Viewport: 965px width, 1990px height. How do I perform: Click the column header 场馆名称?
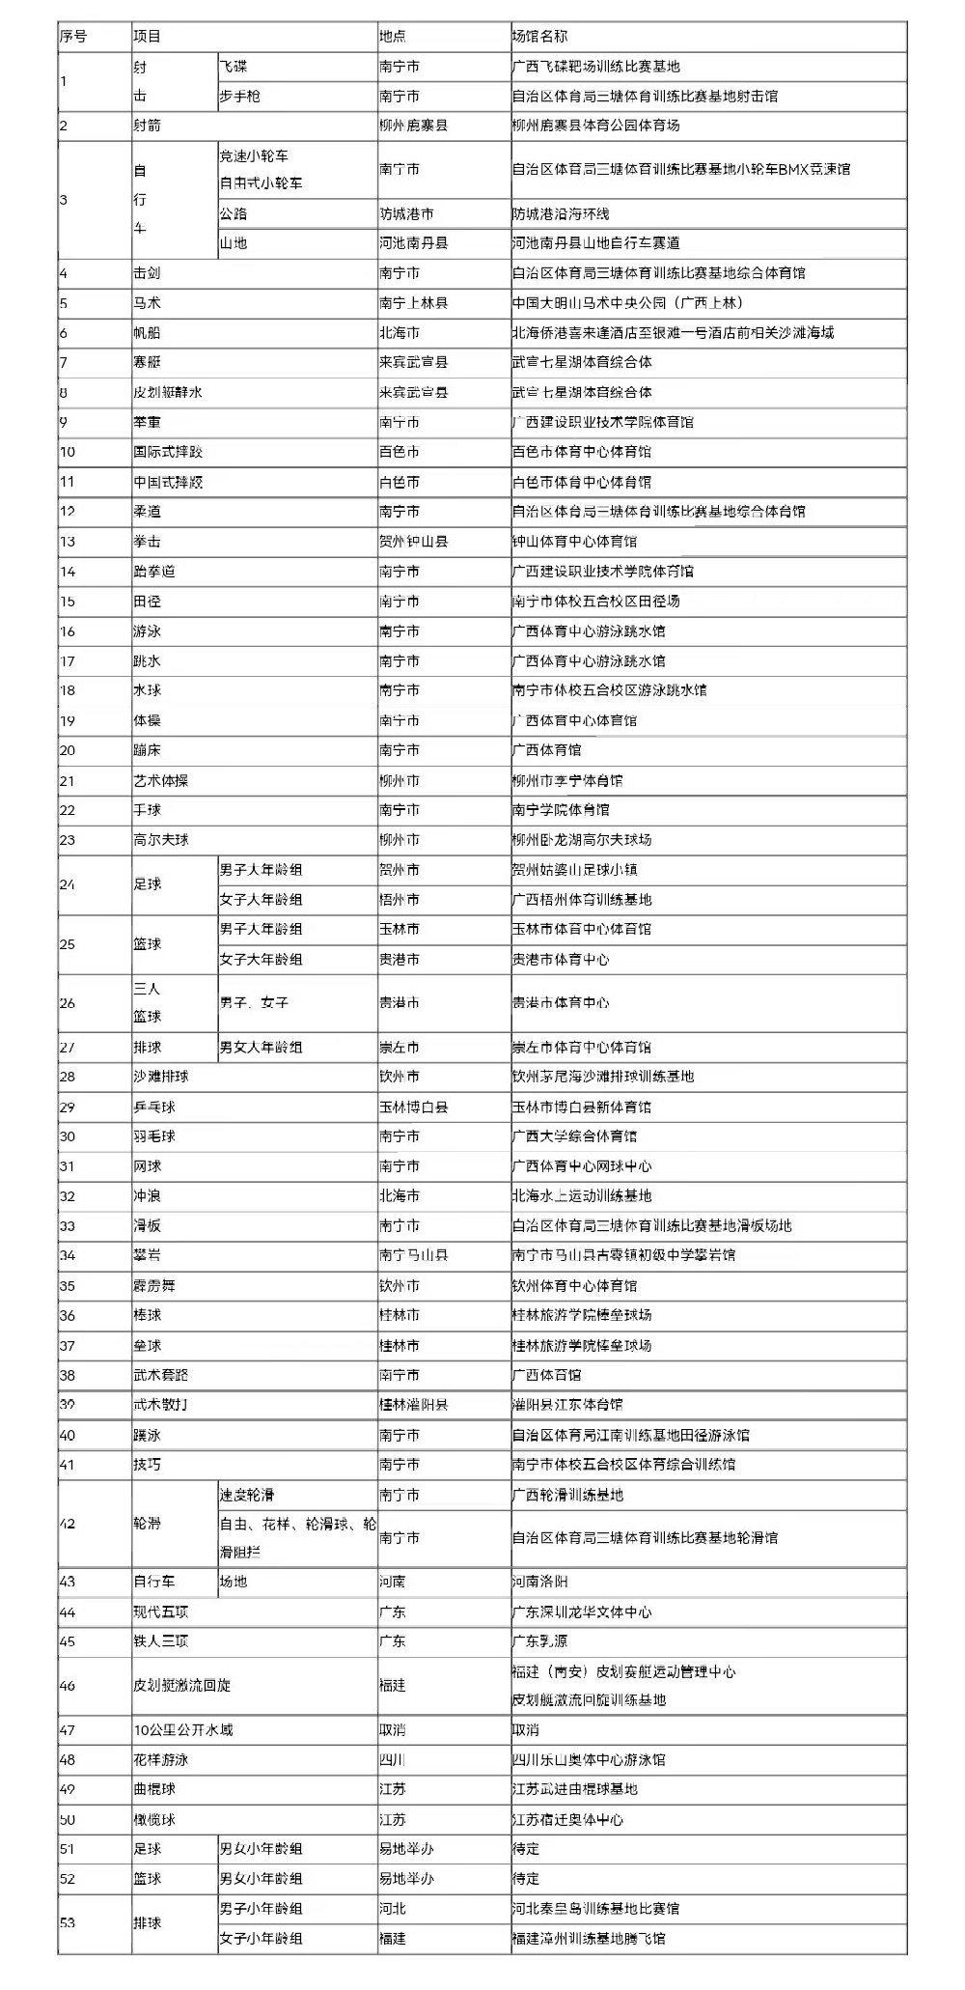click(x=539, y=37)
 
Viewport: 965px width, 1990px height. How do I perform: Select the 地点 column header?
click(x=393, y=37)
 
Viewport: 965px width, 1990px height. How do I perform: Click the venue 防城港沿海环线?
click(x=561, y=213)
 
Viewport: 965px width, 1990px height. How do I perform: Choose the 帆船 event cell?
click(x=147, y=333)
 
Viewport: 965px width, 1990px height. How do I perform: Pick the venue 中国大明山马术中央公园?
click(x=626, y=303)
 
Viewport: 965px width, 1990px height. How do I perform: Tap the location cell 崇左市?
click(x=400, y=1048)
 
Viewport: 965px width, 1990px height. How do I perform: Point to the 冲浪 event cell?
click(x=147, y=1196)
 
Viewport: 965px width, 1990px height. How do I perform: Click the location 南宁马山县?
click(x=413, y=1255)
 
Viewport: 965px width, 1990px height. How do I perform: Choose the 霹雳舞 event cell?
click(x=154, y=1286)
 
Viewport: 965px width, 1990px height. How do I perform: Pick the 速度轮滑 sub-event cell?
click(x=247, y=1495)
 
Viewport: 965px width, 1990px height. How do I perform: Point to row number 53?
click(x=68, y=1922)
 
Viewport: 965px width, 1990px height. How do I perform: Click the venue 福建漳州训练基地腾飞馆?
click(x=589, y=1938)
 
